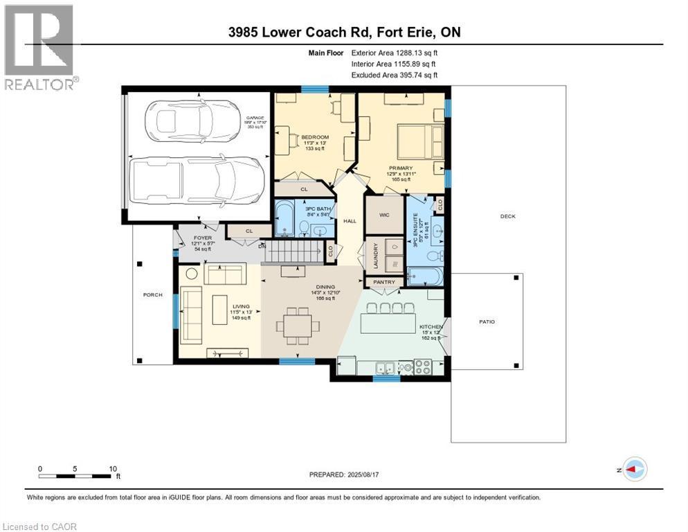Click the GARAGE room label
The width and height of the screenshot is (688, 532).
(255, 118)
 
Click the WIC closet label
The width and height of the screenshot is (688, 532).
(385, 215)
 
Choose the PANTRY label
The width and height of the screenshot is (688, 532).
(383, 283)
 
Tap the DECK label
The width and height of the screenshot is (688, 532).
(508, 217)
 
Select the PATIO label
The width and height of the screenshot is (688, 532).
(487, 321)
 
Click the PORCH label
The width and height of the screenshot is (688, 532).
(152, 295)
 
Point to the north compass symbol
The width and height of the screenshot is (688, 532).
(633, 469)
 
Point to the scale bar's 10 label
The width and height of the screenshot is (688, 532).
(113, 468)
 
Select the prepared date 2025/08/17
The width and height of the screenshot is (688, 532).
(343, 475)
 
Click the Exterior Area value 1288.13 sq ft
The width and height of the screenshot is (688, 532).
(395, 52)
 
